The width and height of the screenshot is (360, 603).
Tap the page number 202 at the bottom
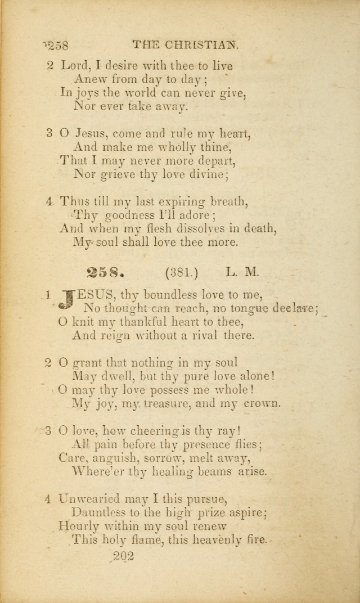(121, 556)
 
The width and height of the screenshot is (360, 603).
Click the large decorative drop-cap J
(67, 300)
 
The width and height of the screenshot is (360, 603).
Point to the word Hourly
(80, 526)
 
